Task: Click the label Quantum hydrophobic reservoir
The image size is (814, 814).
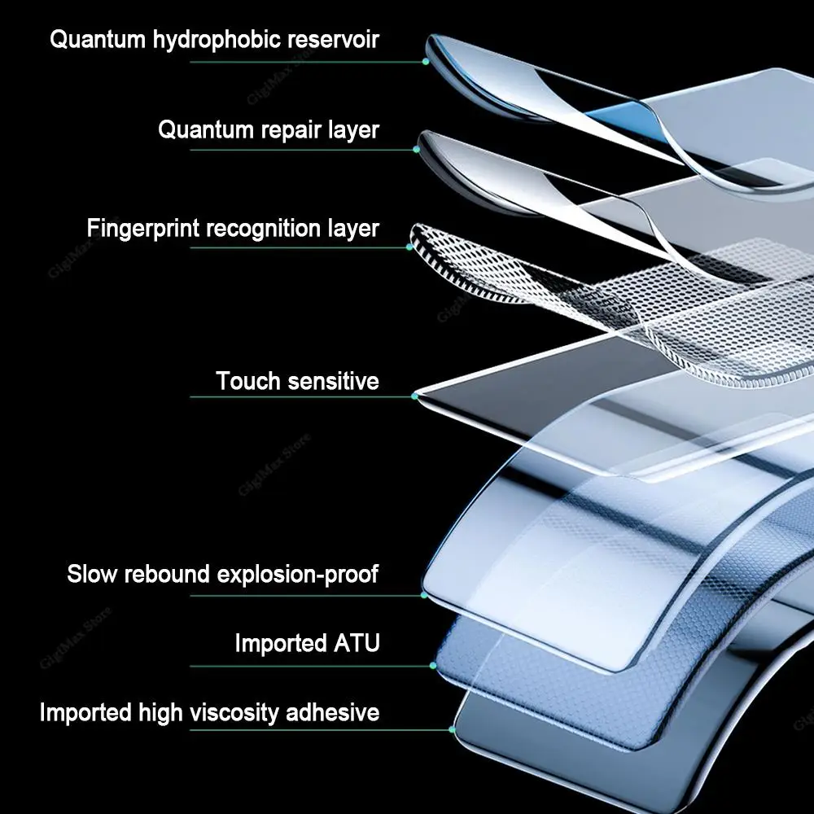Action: click(214, 39)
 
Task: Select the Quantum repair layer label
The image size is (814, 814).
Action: click(269, 129)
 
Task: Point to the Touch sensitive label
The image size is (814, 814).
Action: click(297, 380)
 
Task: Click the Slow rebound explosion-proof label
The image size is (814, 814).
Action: click(222, 574)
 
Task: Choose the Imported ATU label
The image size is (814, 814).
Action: click(307, 643)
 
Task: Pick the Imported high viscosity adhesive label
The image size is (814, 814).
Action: click(209, 713)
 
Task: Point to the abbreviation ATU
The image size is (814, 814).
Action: click(356, 643)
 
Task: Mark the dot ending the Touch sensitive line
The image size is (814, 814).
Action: click(415, 396)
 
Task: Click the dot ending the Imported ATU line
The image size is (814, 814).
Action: click(433, 665)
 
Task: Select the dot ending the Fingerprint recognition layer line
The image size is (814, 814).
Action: click(409, 247)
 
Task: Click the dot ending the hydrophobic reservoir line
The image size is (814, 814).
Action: click(425, 61)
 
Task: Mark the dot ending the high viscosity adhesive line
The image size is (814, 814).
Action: click(452, 729)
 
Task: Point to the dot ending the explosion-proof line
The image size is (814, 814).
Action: click(424, 595)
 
